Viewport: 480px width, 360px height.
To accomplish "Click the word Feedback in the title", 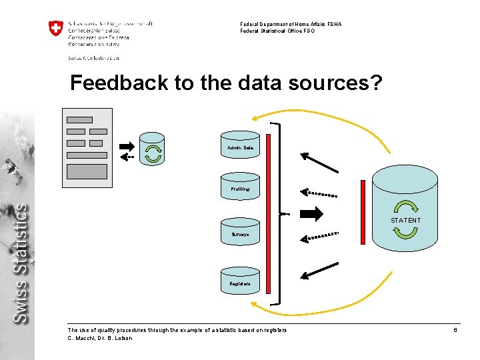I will pos(109,83).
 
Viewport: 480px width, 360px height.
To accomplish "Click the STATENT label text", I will pos(405,220).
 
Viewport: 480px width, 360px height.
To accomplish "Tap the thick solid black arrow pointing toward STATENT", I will pos(311,214).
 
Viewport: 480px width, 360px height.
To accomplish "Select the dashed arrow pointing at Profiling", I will pos(319,193).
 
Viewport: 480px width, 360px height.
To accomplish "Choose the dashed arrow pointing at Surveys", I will pos(319,236).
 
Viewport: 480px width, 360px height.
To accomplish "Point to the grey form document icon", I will pos(87,147).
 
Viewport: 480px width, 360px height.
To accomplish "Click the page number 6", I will pos(455,331).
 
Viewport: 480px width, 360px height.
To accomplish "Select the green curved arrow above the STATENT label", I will pos(405,207).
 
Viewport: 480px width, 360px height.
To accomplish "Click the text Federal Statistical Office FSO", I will pos(277,31).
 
